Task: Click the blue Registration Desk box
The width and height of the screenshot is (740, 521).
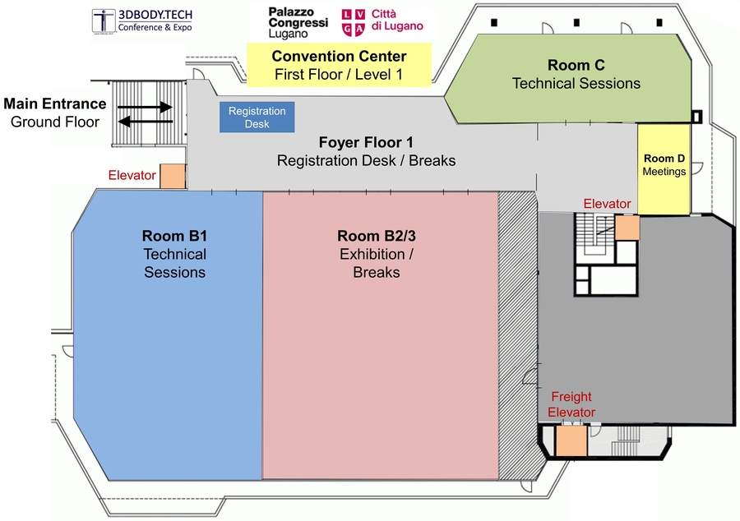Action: (x=257, y=118)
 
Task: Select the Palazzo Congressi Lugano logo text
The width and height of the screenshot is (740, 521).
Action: (x=298, y=22)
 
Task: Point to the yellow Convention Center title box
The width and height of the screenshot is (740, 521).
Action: (x=339, y=66)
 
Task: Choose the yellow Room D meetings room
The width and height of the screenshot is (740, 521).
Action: (x=664, y=168)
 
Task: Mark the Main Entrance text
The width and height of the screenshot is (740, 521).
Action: (x=55, y=104)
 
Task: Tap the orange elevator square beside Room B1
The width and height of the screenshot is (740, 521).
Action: (x=172, y=176)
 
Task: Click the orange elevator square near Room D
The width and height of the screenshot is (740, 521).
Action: (x=627, y=228)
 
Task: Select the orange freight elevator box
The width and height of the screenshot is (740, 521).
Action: (x=571, y=441)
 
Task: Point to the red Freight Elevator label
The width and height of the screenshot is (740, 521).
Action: (x=572, y=404)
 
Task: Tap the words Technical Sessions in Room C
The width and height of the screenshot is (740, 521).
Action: (x=576, y=83)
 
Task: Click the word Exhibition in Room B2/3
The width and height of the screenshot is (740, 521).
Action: (x=376, y=254)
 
